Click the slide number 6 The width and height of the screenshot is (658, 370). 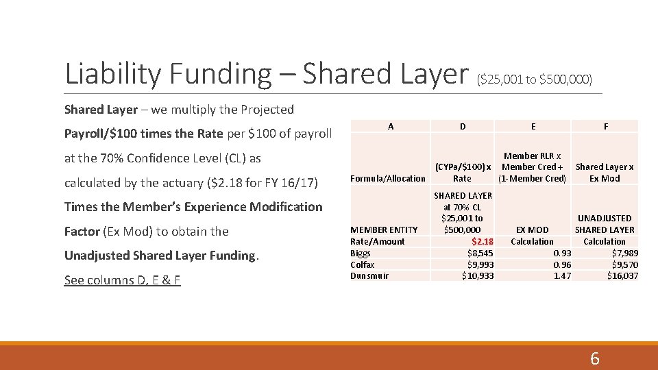[x=594, y=358]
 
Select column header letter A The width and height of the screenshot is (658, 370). [x=391, y=126]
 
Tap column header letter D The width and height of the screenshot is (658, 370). [x=463, y=126]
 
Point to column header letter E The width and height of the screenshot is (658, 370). [x=533, y=126]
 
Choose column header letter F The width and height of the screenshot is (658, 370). [x=605, y=126]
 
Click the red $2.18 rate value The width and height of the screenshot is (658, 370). [x=483, y=241]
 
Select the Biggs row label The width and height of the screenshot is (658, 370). [x=360, y=253]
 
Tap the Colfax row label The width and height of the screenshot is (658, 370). [x=363, y=264]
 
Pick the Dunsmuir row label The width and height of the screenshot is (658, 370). [x=369, y=275]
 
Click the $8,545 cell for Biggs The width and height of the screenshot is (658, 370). [x=480, y=253]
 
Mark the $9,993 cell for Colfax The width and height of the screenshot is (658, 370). [x=480, y=264]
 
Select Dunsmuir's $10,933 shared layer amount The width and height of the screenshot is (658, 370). [x=478, y=275]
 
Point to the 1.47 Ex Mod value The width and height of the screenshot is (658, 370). [x=563, y=275]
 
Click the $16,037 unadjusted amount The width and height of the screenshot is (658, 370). [x=622, y=275]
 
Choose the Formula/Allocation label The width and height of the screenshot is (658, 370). [x=388, y=178]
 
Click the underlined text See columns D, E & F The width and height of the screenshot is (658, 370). [x=122, y=280]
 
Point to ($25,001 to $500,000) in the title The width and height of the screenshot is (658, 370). [x=534, y=79]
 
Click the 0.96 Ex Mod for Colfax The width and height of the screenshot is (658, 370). [x=563, y=264]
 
